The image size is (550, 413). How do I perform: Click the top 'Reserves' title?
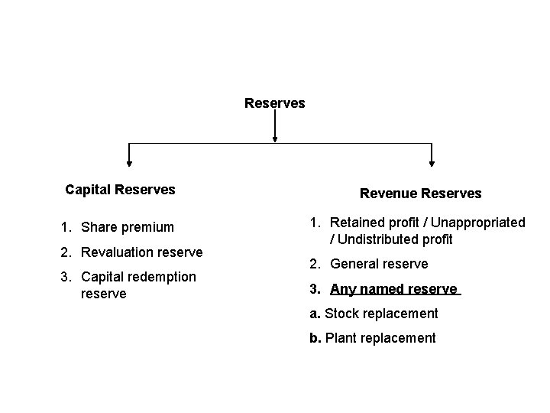click(x=274, y=102)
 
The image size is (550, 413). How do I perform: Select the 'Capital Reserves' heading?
click(x=120, y=189)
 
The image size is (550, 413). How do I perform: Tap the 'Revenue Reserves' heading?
click(x=420, y=193)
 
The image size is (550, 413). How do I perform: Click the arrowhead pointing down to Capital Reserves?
click(x=129, y=161)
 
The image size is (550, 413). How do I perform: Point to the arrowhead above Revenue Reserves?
click(x=432, y=161)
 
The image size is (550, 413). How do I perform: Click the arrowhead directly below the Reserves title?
click(x=274, y=138)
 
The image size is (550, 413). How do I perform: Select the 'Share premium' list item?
click(x=127, y=227)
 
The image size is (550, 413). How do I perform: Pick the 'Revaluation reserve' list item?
click(x=141, y=252)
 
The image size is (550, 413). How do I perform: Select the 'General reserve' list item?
click(x=379, y=264)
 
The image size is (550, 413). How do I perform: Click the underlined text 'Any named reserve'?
click(x=393, y=289)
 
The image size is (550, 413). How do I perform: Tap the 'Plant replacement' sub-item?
click(x=380, y=338)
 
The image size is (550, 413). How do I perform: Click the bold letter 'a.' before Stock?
click(x=315, y=314)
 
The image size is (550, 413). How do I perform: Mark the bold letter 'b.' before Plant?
click(x=315, y=338)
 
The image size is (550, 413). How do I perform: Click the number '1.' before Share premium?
click(x=66, y=227)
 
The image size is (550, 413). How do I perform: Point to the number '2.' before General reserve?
click(x=315, y=264)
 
